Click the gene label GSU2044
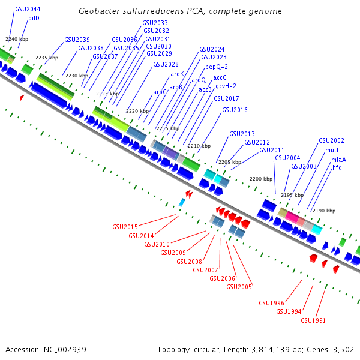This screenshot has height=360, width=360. [28, 10]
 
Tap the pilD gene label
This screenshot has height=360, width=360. [34, 19]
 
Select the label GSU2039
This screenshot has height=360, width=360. [77, 40]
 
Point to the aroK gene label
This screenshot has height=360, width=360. [177, 74]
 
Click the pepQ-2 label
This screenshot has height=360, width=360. [217, 67]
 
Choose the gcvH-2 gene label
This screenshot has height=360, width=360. [226, 86]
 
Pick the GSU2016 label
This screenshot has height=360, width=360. [235, 110]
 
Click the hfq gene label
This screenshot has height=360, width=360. [337, 167]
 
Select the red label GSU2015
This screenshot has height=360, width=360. [125, 227]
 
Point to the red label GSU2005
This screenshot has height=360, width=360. [239, 287]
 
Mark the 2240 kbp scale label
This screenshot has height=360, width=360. [15, 38]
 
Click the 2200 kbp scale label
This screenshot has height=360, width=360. [261, 179]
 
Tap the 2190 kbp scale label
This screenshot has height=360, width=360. [324, 211]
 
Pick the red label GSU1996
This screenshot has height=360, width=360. [271, 303]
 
